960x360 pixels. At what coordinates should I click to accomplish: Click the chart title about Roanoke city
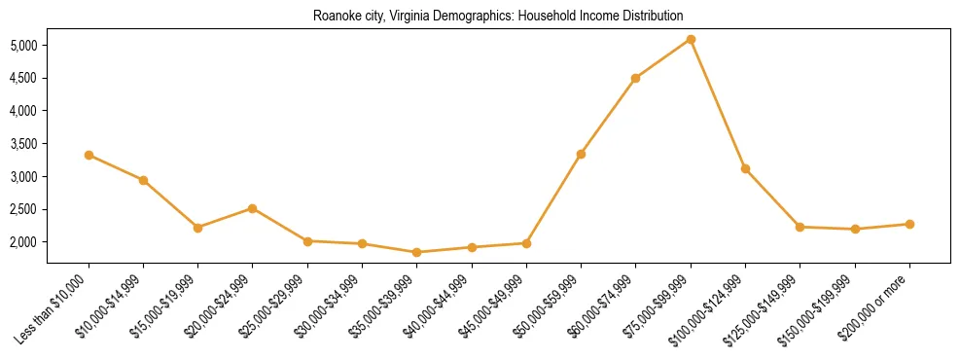[498, 17]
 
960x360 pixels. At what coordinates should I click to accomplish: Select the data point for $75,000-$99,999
[691, 40]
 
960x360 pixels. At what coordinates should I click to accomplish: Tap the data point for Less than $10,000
[89, 155]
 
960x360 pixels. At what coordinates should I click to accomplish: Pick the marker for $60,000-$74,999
[635, 78]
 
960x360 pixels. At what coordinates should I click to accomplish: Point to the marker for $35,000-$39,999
[416, 252]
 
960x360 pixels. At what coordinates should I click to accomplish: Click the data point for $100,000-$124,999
[745, 168]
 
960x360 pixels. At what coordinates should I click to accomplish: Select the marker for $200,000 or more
[909, 224]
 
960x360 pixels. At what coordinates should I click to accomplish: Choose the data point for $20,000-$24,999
[252, 208]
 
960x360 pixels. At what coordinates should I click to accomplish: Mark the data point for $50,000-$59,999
[581, 154]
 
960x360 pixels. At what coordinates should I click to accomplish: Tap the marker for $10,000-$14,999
[143, 180]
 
